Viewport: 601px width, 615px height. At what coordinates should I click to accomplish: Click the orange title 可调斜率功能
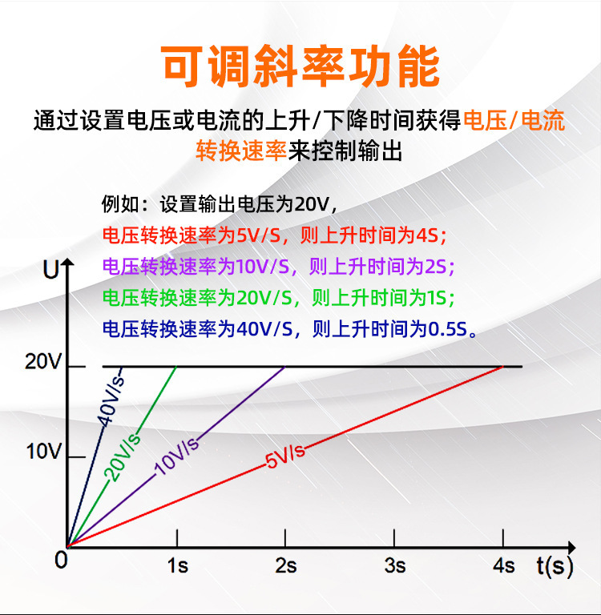pos(300,66)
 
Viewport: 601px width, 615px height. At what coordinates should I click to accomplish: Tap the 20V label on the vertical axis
pos(43,361)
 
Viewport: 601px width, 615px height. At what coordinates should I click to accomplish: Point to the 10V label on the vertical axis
pos(44,452)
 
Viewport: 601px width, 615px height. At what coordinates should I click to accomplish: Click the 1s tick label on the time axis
pos(177,566)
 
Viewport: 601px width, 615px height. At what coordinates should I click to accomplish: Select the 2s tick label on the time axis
pos(286,566)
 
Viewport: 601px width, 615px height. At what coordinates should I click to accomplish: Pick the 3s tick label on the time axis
pos(395,566)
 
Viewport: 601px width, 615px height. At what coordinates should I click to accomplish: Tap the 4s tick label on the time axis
pos(504,566)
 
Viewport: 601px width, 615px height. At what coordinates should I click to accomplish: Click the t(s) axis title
pos(555,567)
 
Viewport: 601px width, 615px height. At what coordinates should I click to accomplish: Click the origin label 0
pos(61,560)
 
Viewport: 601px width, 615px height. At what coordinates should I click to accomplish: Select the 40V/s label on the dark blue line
pos(111,401)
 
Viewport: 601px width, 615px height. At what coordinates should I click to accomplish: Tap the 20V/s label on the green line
pos(123,458)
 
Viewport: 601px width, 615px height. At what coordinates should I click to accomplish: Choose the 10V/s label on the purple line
pos(176,456)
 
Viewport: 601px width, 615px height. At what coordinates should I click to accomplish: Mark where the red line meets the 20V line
pos(503,366)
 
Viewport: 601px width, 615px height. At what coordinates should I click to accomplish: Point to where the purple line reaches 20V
pos(285,366)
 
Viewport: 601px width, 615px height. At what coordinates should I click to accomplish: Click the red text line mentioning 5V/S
pos(274,235)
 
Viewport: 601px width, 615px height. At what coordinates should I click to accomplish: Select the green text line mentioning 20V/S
pos(279,298)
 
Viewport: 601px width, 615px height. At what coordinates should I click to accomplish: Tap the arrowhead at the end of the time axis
pos(572,547)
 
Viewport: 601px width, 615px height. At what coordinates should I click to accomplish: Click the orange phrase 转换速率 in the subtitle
pos(241,151)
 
